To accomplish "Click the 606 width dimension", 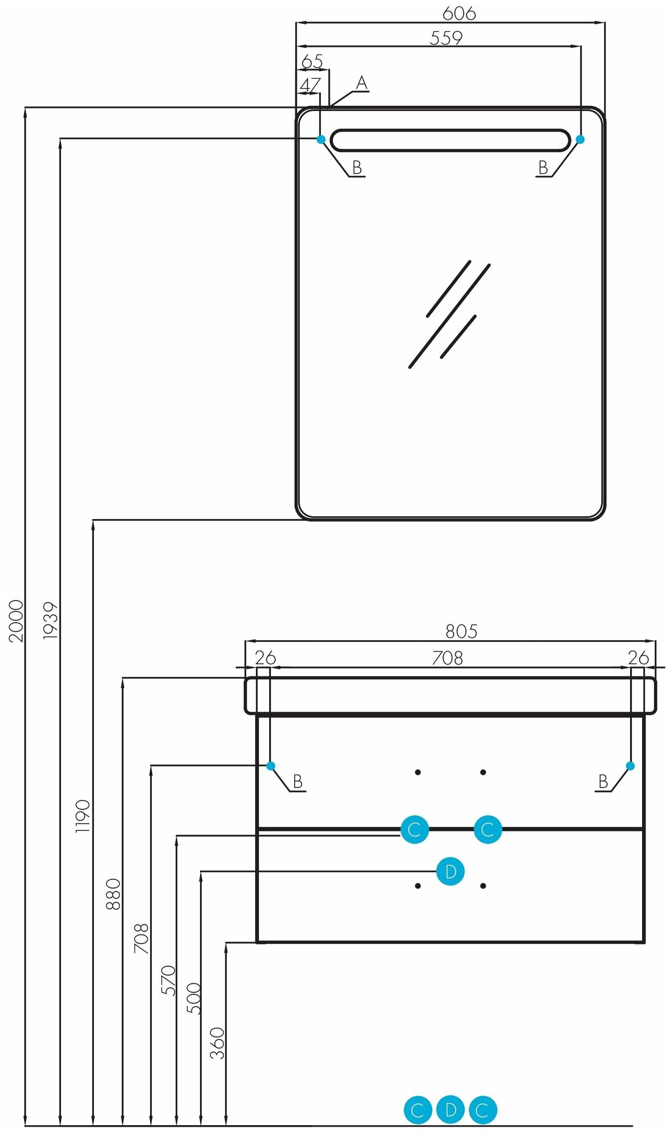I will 458,13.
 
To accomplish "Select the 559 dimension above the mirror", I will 446,38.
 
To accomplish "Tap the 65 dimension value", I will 312,61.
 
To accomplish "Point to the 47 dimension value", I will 309,85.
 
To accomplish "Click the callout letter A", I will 362,84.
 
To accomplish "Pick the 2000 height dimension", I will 16,620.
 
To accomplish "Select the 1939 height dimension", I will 50,620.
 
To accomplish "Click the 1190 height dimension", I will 83,816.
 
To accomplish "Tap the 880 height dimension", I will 113,894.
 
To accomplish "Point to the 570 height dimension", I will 168,981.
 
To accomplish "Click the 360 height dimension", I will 218,1043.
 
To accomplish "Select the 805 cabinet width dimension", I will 461,631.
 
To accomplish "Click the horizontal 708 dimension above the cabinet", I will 447,658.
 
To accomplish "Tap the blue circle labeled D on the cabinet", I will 451,871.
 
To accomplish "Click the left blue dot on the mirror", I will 321,139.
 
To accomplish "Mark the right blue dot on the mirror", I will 580,139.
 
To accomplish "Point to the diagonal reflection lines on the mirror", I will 449,314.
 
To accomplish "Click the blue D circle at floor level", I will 451,1109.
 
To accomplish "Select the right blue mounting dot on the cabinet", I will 630,766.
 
